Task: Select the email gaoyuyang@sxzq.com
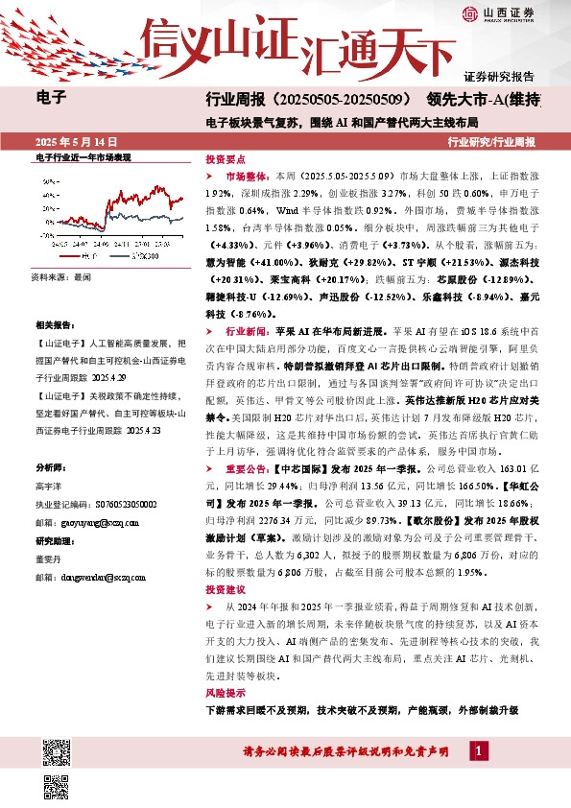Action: coord(91,523)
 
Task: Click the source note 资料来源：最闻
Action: coord(60,275)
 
